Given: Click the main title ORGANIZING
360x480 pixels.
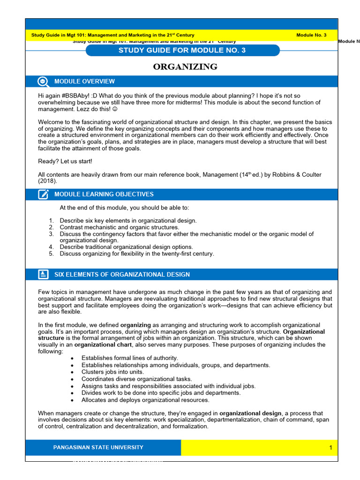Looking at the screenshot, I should coord(185,67).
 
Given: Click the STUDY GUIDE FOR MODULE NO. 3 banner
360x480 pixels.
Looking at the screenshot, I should coord(182,50).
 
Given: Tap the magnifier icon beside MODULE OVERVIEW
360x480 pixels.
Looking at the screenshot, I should coord(43,81).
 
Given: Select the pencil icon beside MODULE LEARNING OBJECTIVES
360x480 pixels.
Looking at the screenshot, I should coord(43,194).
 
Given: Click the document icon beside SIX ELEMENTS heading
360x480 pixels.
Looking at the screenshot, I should coord(43,274).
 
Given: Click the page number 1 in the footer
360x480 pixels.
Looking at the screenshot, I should coord(330,448).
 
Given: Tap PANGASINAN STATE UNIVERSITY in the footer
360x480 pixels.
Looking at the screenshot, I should coord(98,447).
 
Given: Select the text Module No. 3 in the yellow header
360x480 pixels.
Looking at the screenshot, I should coord(311,35).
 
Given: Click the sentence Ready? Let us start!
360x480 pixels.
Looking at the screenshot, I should coord(65,161).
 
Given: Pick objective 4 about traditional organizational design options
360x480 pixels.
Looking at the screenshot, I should coord(126,247).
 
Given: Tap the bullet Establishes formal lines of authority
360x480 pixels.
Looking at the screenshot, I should coord(129,358).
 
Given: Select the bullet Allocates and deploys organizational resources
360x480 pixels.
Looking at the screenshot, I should coord(145,400).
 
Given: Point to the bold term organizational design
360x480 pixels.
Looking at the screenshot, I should coord(250,413).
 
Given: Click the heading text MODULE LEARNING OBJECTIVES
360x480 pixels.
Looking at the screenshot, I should coord(104,194).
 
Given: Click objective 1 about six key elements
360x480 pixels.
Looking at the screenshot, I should coord(128,220).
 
